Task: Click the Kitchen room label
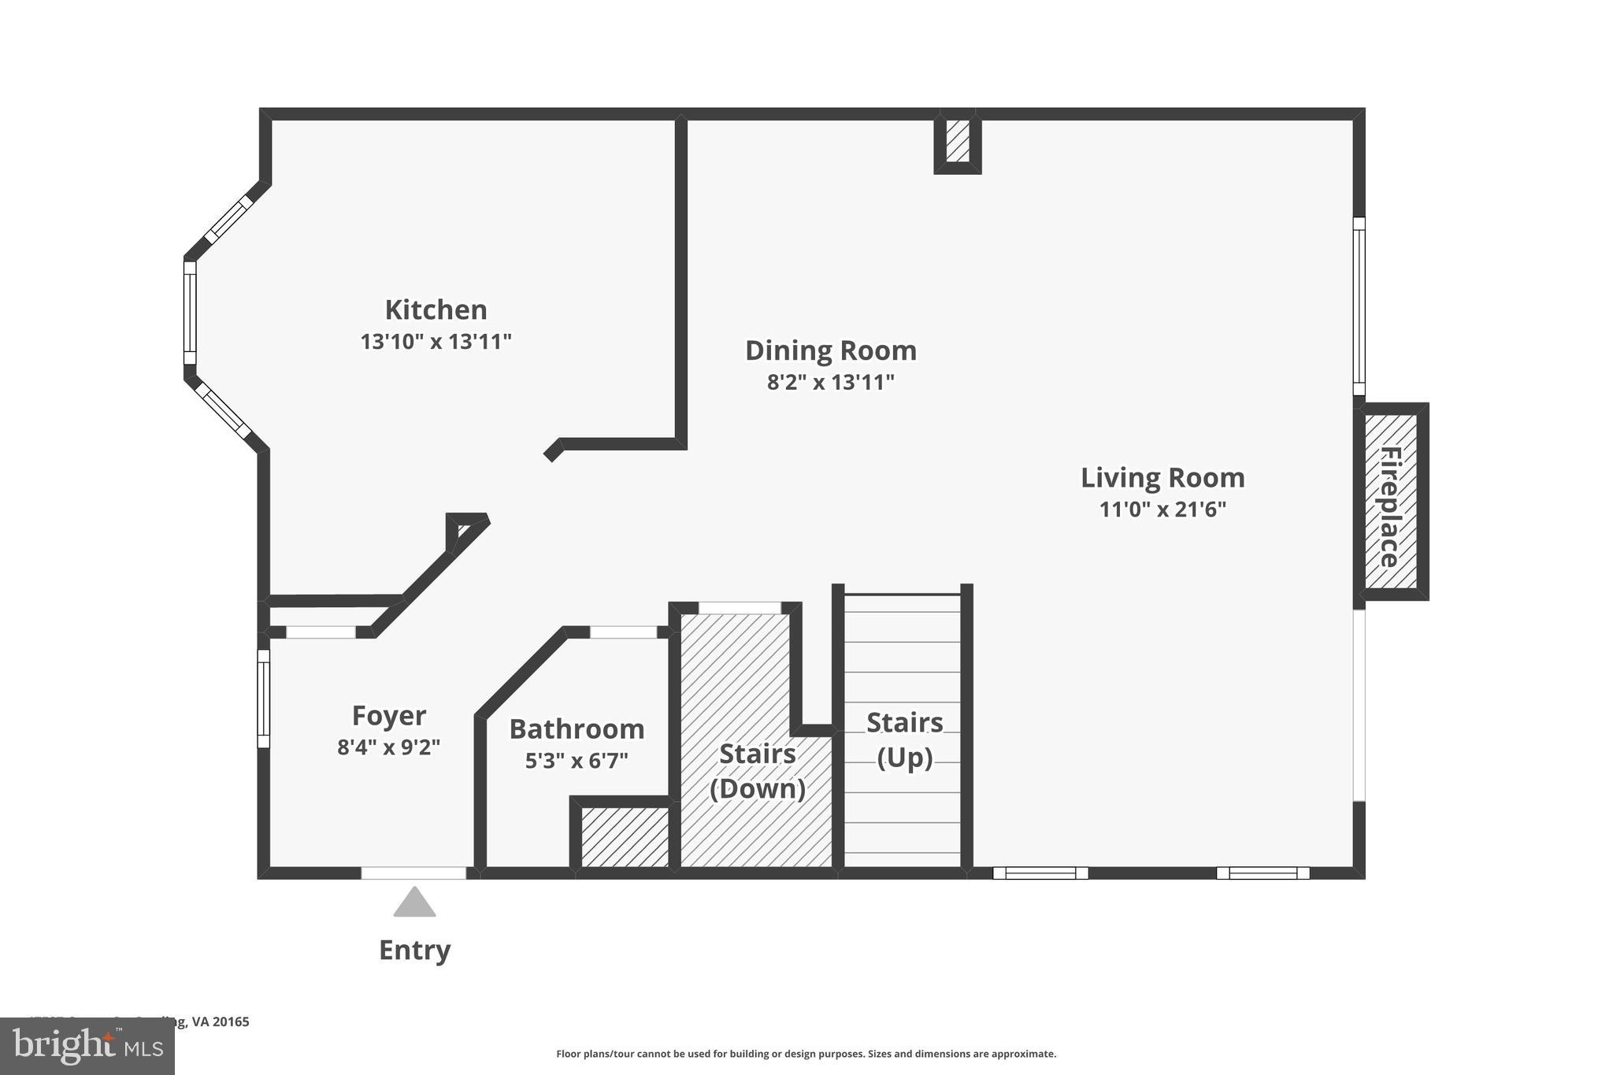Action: pos(436,310)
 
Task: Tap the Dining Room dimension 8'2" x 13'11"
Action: pos(831,383)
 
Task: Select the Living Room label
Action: pos(1162,477)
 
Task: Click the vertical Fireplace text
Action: pos(1390,506)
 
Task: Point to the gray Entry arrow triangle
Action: pos(414,904)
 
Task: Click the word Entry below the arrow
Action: pos(414,950)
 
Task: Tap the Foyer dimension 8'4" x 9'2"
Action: pos(388,747)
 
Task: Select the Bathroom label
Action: pos(577,728)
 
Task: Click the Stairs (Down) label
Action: pos(757,771)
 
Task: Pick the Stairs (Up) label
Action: pos(904,740)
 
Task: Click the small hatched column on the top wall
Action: pos(957,142)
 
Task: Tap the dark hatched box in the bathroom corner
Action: pos(624,836)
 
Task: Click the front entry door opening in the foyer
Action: pos(413,873)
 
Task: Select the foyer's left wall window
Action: pos(264,699)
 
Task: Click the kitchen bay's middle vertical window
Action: pos(190,313)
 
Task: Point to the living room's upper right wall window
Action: pos(1359,306)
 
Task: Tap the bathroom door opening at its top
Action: pos(623,632)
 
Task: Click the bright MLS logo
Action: pos(87,1046)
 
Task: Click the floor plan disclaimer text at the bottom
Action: pos(806,1054)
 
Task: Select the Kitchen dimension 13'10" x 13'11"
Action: pos(436,342)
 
